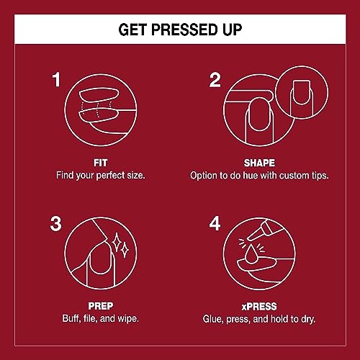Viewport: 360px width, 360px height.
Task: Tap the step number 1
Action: (x=56, y=80)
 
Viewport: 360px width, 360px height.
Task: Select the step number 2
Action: (x=215, y=80)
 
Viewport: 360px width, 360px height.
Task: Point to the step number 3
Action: (x=55, y=224)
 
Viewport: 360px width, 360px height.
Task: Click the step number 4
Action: (x=215, y=224)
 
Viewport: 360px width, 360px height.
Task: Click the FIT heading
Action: (x=100, y=163)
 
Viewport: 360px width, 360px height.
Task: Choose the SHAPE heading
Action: (x=259, y=163)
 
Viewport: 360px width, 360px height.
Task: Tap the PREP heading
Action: (x=101, y=306)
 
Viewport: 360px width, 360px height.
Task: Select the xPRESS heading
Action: (x=259, y=307)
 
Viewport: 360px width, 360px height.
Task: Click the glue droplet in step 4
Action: (x=251, y=253)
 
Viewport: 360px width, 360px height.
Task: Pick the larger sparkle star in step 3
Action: (x=117, y=242)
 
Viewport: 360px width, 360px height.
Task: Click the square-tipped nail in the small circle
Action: (x=302, y=92)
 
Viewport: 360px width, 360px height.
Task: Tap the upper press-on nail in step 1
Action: (x=99, y=96)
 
